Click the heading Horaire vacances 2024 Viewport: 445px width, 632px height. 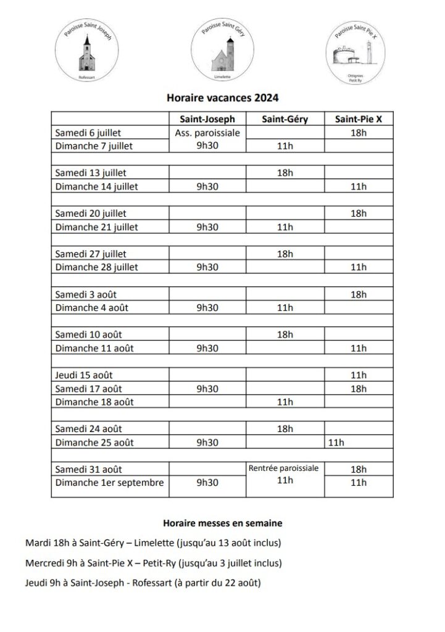(x=223, y=97)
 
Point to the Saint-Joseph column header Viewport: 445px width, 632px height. (x=207, y=119)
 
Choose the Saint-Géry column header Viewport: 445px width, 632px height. (x=285, y=119)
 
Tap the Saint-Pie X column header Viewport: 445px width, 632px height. (x=359, y=119)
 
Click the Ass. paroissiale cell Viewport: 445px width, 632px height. (x=207, y=133)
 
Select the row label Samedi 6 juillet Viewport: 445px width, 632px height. (x=88, y=133)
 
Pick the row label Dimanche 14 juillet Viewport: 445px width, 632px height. (x=96, y=186)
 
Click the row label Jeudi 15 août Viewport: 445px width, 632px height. (x=84, y=375)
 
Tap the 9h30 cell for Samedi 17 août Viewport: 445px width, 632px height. (x=207, y=388)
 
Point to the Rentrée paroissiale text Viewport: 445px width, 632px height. (x=285, y=468)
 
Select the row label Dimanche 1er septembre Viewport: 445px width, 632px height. (x=110, y=483)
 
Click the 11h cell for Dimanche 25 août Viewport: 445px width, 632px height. (x=336, y=443)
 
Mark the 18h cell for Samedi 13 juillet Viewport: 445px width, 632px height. (x=285, y=173)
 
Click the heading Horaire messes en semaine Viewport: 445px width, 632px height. (x=223, y=523)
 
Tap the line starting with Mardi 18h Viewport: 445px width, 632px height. (x=153, y=543)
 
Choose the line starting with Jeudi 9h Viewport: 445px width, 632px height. (x=143, y=583)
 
